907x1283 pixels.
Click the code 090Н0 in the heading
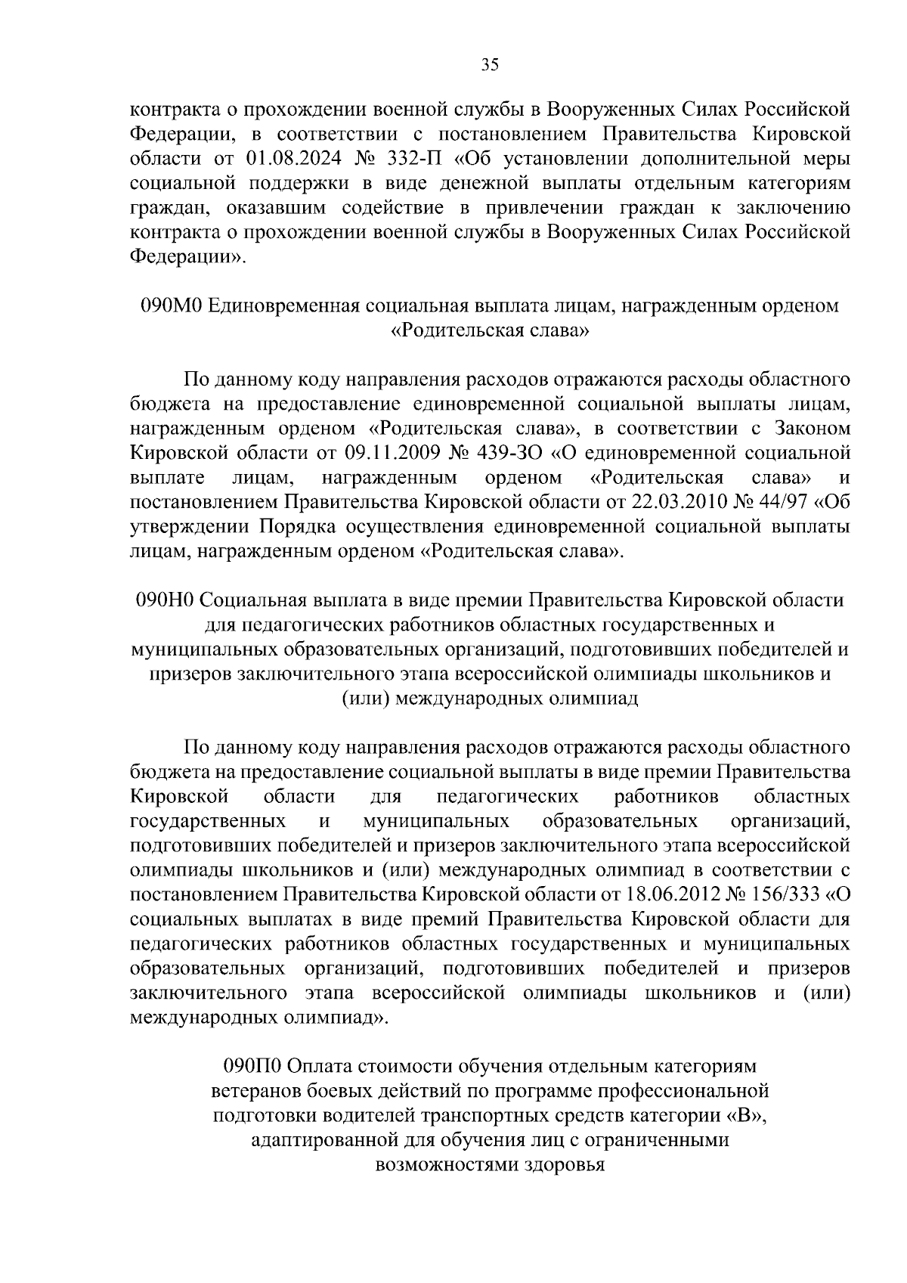pos(166,600)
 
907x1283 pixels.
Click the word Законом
pos(810,429)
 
